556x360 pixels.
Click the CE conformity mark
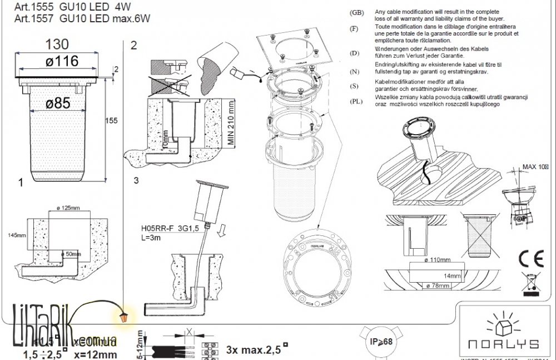click(x=530, y=259)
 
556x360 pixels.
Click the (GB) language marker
click(x=356, y=12)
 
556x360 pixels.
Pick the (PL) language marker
click(x=356, y=101)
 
